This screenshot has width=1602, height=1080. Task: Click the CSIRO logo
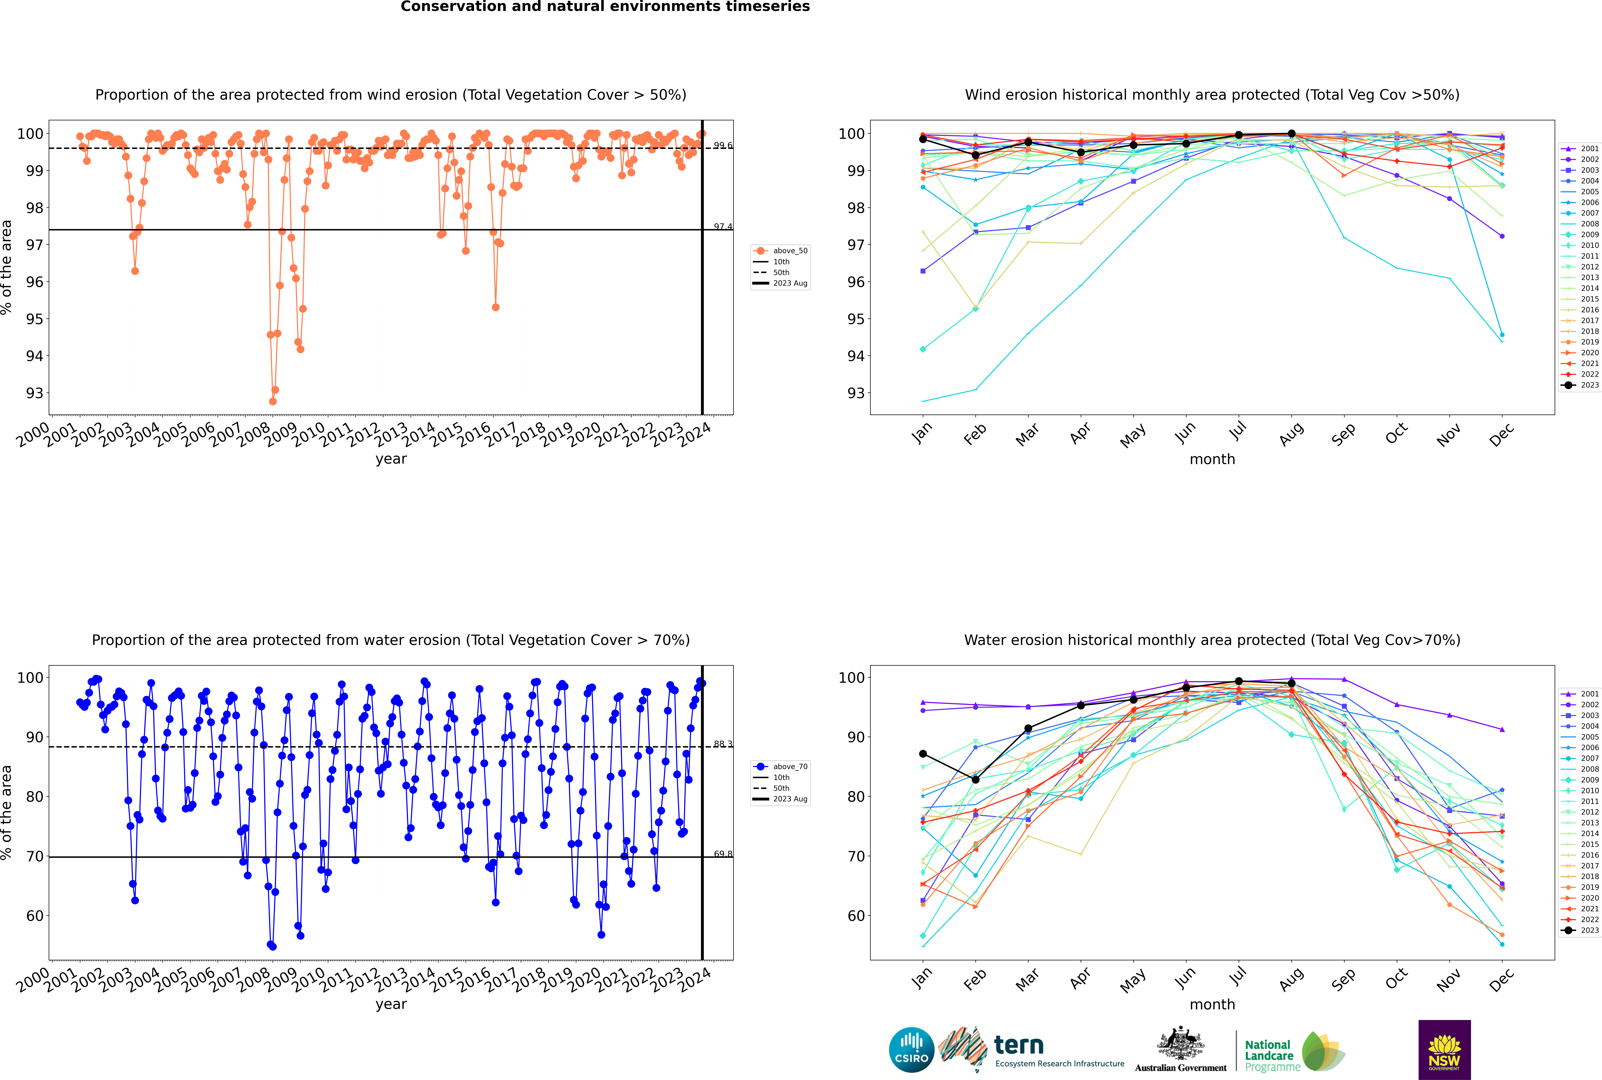tap(911, 1050)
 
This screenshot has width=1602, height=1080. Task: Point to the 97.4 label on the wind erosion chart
tap(722, 227)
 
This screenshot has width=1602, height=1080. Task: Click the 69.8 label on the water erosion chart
tap(722, 854)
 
